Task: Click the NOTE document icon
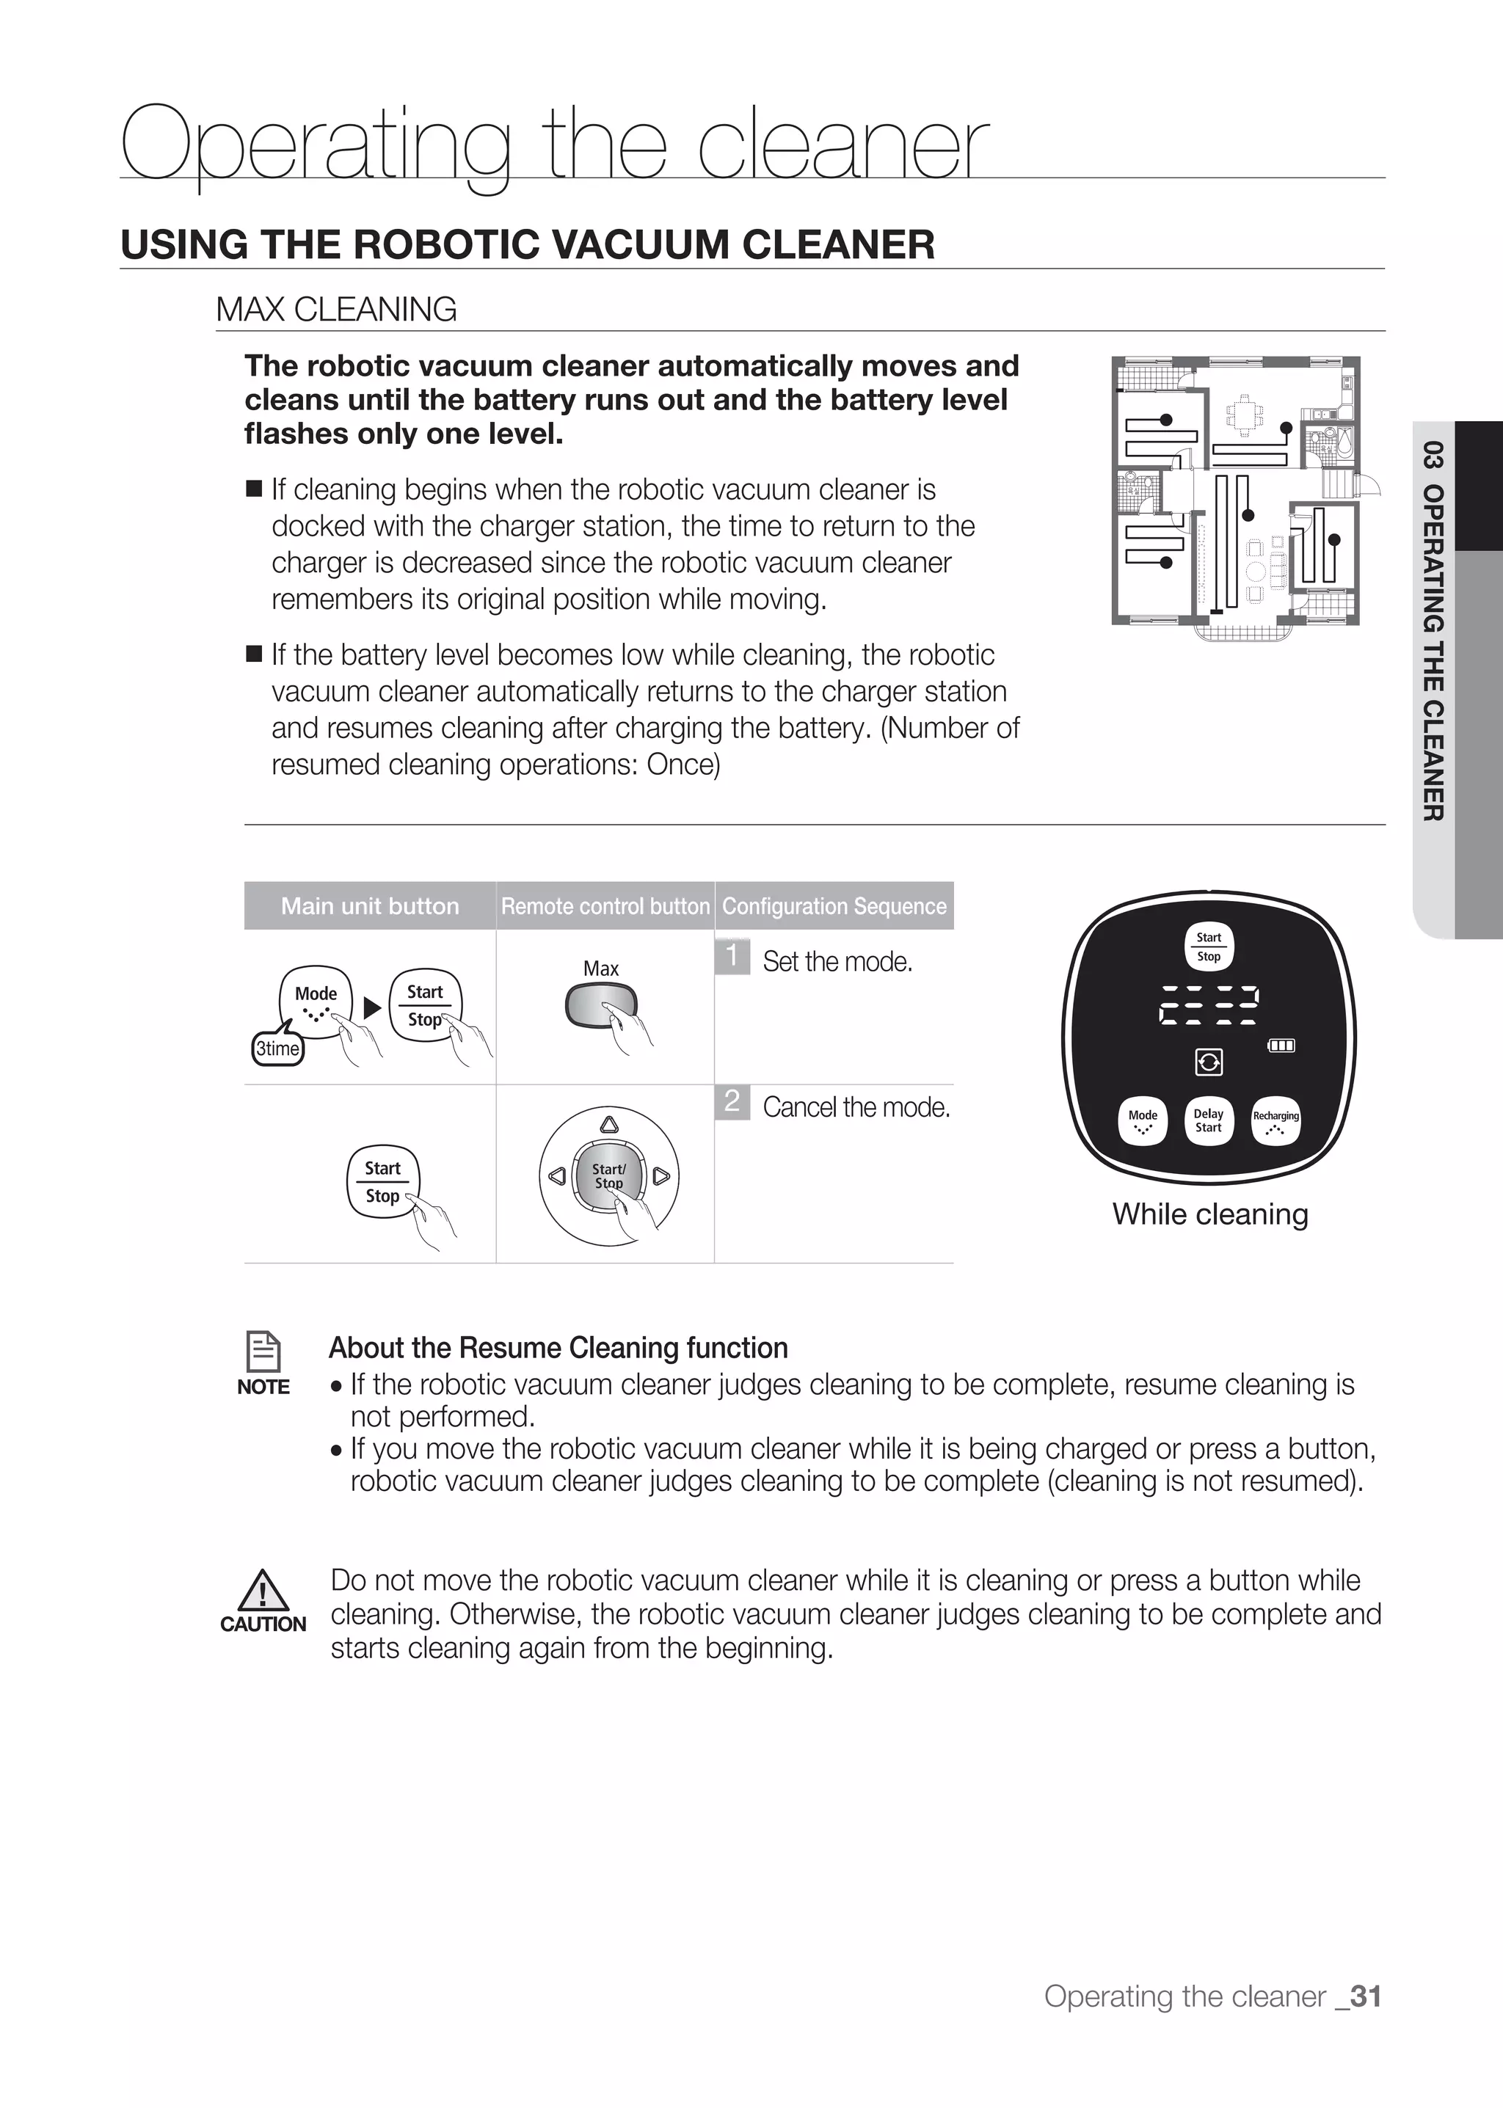pos(263,1352)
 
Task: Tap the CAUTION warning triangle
pos(263,1591)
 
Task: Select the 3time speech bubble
pos(277,1048)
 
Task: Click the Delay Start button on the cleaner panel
pos(1209,1120)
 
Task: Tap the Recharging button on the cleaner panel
pos(1275,1120)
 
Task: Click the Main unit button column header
pos(370,906)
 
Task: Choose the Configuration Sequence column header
pos(834,906)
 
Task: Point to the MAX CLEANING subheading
pos(336,309)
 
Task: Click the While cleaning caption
pos(1210,1214)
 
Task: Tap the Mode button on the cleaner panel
pos(1143,1120)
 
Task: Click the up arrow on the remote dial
pos(609,1124)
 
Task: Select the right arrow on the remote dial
pos(660,1177)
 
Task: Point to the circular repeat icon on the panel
pos(1209,1062)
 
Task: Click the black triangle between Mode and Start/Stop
pos(372,1007)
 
